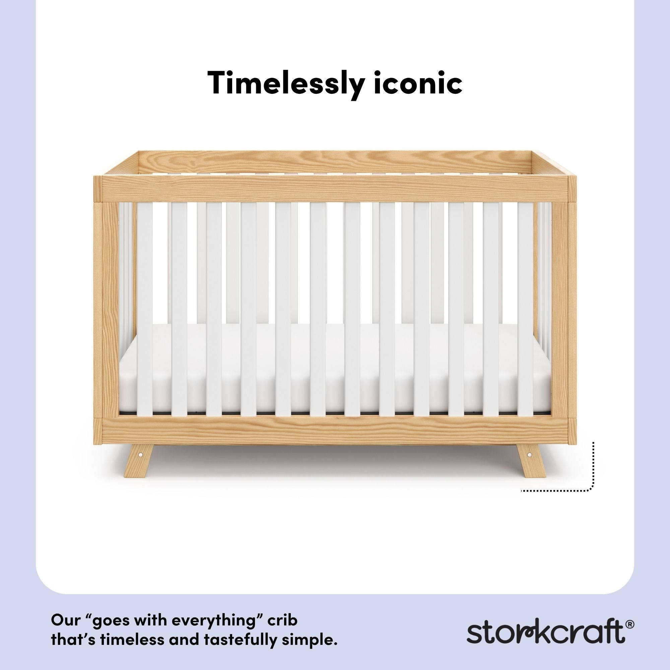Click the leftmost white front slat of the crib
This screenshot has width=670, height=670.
tap(145, 309)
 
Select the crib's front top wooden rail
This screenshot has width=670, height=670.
tap(335, 189)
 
